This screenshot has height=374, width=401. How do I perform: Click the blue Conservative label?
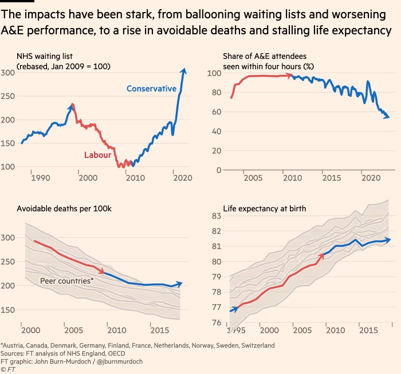pyautogui.click(x=151, y=89)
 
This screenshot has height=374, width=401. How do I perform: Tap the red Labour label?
pyautogui.click(x=97, y=155)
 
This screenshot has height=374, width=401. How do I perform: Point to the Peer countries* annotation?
pyautogui.click(x=67, y=281)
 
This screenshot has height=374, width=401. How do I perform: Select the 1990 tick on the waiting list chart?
pyautogui.click(x=40, y=178)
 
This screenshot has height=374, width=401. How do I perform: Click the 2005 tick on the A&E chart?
pyautogui.click(x=253, y=178)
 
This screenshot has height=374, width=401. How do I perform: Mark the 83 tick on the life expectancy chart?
pyautogui.click(x=217, y=215)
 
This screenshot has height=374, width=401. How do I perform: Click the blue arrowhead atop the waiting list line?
pyautogui.click(x=183, y=71)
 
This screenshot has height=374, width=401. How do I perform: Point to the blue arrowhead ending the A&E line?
pyautogui.click(x=388, y=117)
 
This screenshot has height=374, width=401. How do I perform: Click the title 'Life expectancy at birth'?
pyautogui.click(x=256, y=209)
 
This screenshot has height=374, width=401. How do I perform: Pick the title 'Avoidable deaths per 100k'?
pyautogui.click(x=64, y=209)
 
